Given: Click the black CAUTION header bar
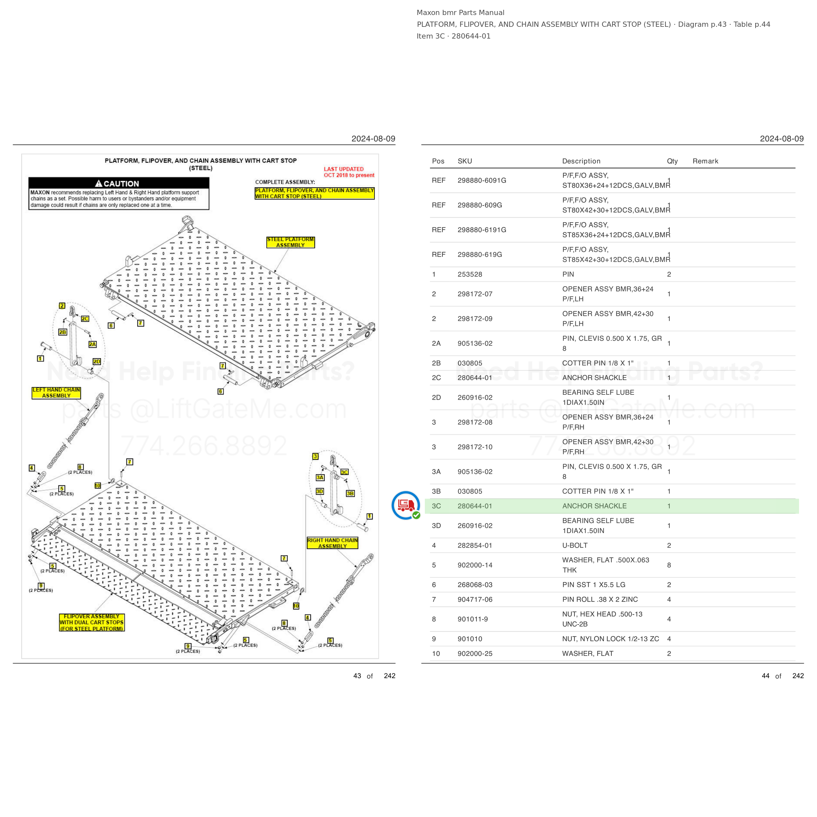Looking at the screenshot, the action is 119,183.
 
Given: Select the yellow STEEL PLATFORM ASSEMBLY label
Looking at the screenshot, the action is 291,242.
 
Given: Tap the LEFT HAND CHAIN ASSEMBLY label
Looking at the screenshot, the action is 56,393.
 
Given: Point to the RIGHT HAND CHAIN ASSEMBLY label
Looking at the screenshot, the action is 332,543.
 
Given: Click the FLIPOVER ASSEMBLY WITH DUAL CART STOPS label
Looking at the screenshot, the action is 92,623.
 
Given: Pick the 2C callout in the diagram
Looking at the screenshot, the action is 85,319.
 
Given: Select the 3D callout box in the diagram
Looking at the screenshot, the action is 320,492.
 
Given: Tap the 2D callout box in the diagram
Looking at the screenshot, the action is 97,361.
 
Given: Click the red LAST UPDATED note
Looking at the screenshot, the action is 349,172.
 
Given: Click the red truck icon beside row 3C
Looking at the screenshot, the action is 406,505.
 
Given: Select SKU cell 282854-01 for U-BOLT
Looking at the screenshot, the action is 475,545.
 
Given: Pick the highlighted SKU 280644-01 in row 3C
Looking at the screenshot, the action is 475,506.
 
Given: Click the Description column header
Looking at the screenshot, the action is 581,161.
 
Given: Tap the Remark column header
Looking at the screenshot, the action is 705,161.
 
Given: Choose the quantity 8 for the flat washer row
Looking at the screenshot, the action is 669,565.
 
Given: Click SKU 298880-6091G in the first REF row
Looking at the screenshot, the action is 482,181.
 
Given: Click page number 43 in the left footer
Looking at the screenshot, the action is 357,676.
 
